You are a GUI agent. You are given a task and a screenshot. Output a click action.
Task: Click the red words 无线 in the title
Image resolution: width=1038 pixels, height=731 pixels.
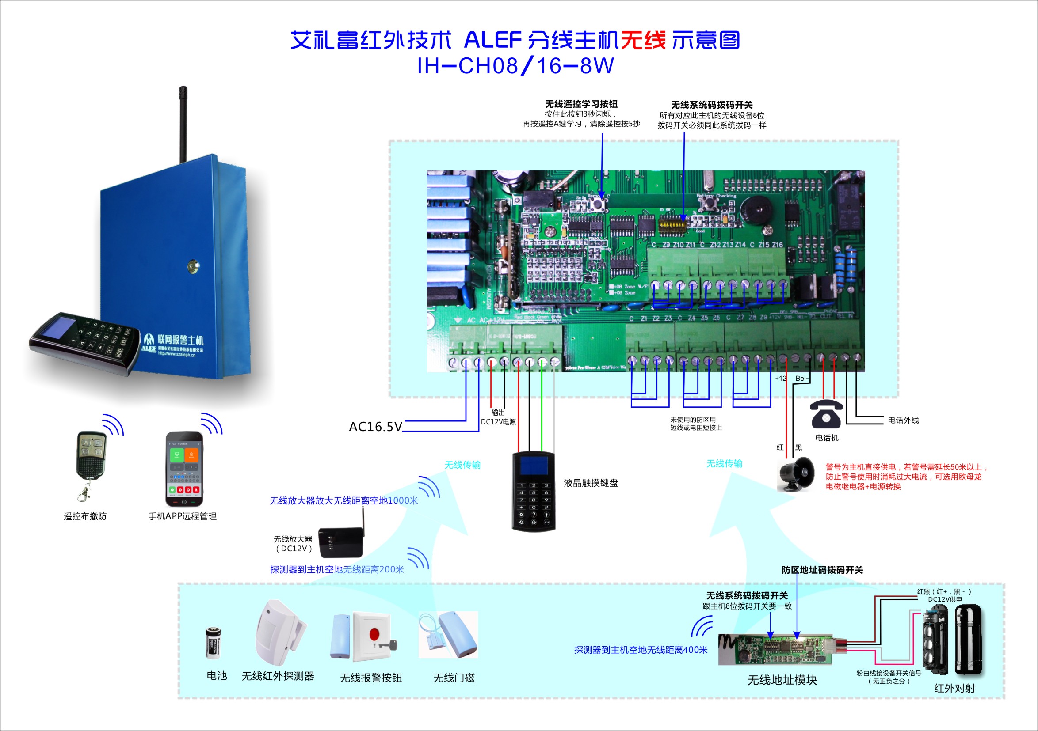point(643,41)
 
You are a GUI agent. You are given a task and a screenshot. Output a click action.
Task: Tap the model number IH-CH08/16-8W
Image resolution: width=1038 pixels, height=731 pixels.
point(515,66)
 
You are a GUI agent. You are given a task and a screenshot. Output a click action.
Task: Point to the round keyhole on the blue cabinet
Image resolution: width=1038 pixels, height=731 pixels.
point(194,267)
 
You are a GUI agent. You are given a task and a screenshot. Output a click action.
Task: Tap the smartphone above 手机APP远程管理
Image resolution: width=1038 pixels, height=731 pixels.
point(184,469)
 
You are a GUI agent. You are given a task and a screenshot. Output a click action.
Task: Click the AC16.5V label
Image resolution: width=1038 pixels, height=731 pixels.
point(375,427)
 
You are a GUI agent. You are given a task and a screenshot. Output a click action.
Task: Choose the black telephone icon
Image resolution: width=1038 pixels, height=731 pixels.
point(826,414)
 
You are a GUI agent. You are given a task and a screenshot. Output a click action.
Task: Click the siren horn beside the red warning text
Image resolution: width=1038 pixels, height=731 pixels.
point(796,474)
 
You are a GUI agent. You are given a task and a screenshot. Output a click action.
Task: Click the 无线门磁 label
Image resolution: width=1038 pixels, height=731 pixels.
point(454,678)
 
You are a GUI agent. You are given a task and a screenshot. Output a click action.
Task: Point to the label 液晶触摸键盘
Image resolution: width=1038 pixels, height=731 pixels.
point(591,483)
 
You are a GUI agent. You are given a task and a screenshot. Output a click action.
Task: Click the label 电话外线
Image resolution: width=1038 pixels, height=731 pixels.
point(903,420)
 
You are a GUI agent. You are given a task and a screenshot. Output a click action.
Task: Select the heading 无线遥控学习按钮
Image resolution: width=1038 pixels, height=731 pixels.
point(581,104)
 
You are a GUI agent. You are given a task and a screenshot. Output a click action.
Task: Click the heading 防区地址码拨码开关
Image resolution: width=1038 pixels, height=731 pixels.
point(822,570)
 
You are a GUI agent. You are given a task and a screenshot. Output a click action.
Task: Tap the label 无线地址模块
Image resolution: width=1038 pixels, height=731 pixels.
point(782,680)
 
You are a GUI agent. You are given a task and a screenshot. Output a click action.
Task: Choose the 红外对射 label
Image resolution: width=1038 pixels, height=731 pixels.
point(954,688)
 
